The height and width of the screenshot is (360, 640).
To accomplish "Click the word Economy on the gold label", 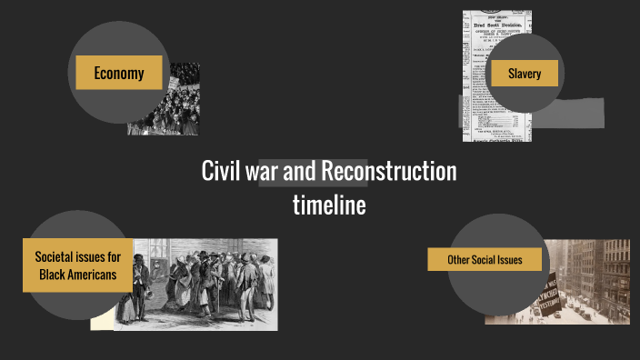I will click(119, 74).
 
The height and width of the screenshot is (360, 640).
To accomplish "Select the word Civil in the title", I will click(221, 171).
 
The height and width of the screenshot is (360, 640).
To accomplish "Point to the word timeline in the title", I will click(329, 205).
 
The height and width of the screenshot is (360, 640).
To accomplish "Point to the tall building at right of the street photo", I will click(615, 273).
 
